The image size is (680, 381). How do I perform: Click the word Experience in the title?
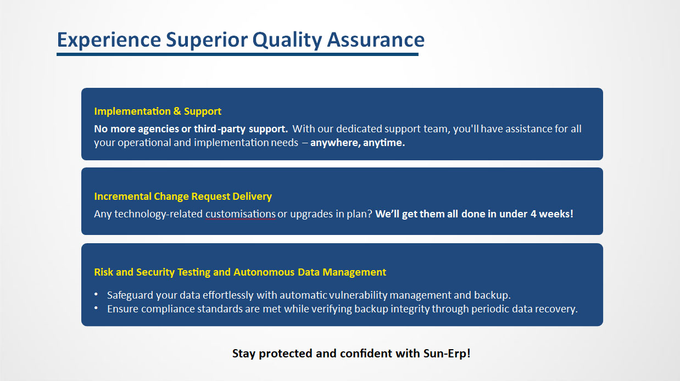point(109,40)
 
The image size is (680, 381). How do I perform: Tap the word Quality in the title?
point(287,40)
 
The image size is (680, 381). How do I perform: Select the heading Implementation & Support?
point(158,111)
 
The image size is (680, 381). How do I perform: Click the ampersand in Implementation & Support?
point(177,111)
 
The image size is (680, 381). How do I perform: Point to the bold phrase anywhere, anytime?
point(358,142)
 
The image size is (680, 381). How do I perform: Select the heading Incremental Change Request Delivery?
point(183,196)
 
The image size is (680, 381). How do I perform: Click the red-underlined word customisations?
point(241,214)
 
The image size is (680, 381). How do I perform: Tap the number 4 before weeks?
point(533,214)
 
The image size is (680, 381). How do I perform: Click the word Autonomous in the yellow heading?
point(264,272)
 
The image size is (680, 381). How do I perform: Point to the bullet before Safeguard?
point(96,294)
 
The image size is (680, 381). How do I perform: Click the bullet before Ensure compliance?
point(96,308)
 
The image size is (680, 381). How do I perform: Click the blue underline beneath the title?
point(237,54)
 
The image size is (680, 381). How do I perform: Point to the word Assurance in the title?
point(376,40)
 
